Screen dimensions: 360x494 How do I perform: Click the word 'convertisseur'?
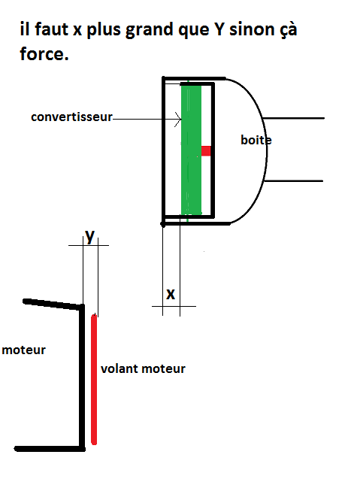click(x=71, y=117)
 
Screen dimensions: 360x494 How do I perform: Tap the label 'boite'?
click(x=256, y=140)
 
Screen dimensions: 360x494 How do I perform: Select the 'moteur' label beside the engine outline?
click(x=23, y=350)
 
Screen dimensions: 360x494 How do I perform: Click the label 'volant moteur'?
click(x=143, y=368)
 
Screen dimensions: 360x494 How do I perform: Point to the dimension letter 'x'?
click(x=171, y=294)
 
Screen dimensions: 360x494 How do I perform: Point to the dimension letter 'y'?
click(x=90, y=237)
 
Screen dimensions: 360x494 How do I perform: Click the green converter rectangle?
click(x=191, y=150)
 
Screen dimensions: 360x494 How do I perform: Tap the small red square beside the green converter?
click(x=206, y=151)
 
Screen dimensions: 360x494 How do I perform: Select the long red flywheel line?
click(x=94, y=379)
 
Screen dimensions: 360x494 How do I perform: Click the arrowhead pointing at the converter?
click(x=179, y=120)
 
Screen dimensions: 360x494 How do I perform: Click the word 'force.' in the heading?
click(x=44, y=53)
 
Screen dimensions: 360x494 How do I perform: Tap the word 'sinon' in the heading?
click(x=252, y=29)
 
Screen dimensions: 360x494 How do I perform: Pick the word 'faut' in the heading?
click(x=51, y=29)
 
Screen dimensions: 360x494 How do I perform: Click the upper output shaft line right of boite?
click(x=293, y=118)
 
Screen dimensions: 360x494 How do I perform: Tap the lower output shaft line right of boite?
click(x=294, y=181)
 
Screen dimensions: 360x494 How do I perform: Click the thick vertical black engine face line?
click(x=82, y=377)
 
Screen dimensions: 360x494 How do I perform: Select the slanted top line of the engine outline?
click(x=53, y=304)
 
